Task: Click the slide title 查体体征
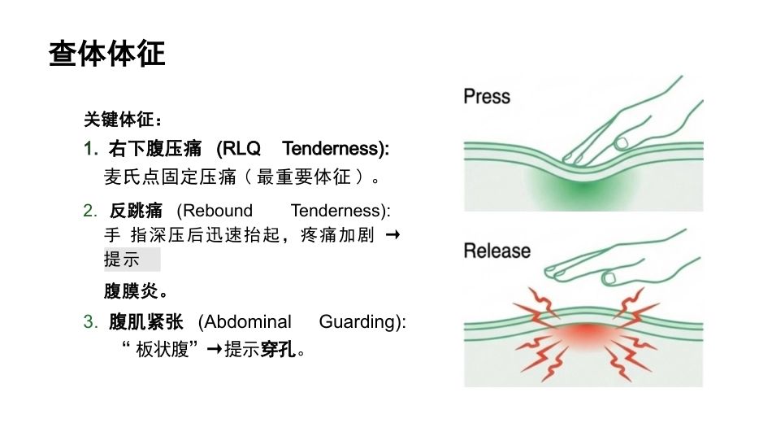click(106, 53)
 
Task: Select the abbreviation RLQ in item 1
click(238, 148)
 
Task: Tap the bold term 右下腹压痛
click(155, 148)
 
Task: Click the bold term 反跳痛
click(136, 211)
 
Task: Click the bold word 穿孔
click(278, 350)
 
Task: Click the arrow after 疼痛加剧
click(393, 235)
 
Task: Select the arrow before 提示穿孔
click(215, 350)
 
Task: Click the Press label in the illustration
click(487, 96)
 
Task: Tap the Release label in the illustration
click(497, 251)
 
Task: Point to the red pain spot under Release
click(585, 334)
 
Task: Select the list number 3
click(90, 321)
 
